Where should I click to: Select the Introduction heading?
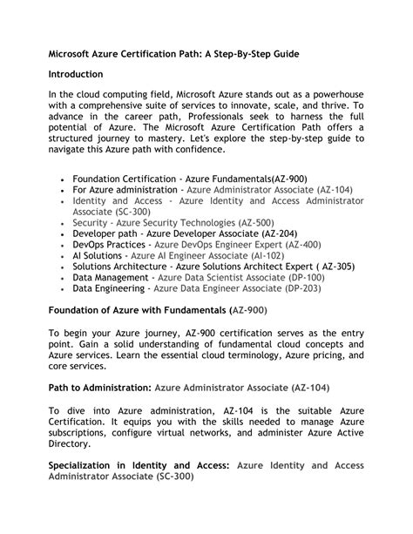pos(75,75)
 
